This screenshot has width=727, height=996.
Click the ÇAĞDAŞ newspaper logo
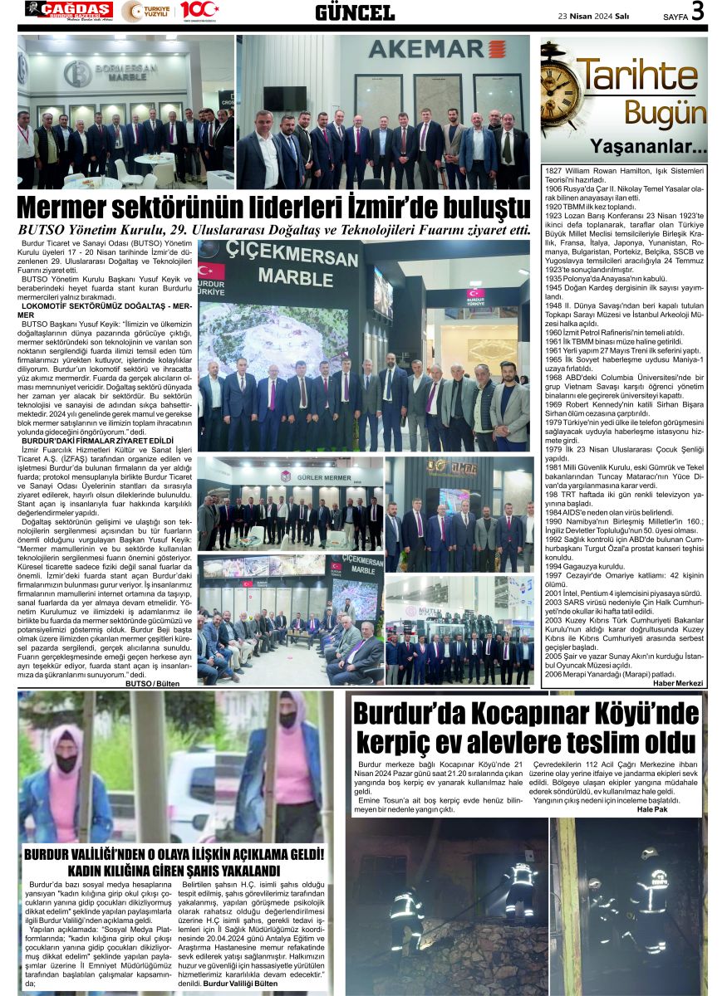(x=70, y=11)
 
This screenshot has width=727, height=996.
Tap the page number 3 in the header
(x=698, y=11)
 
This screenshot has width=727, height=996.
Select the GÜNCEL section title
(x=355, y=12)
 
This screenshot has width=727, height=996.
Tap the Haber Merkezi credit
(x=678, y=684)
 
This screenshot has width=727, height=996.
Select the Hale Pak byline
(x=652, y=809)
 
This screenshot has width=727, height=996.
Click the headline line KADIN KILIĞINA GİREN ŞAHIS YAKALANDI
(x=174, y=871)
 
